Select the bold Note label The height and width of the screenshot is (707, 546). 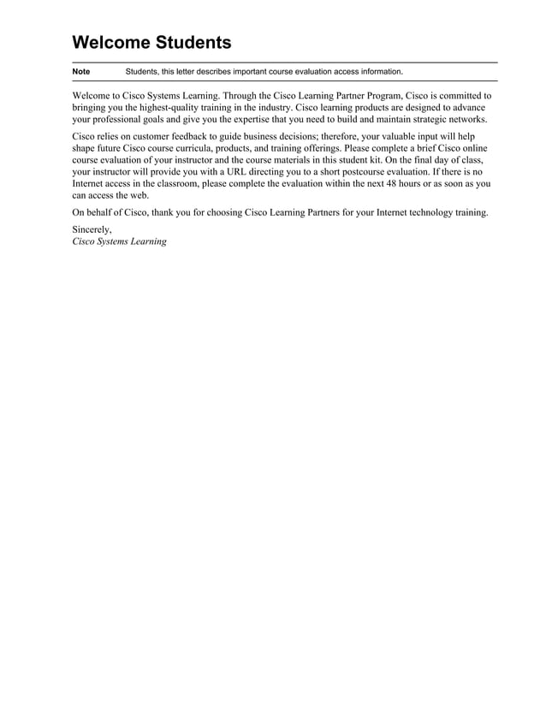point(81,72)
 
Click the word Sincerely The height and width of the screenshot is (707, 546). point(92,229)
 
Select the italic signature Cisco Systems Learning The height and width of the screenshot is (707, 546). point(119,241)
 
